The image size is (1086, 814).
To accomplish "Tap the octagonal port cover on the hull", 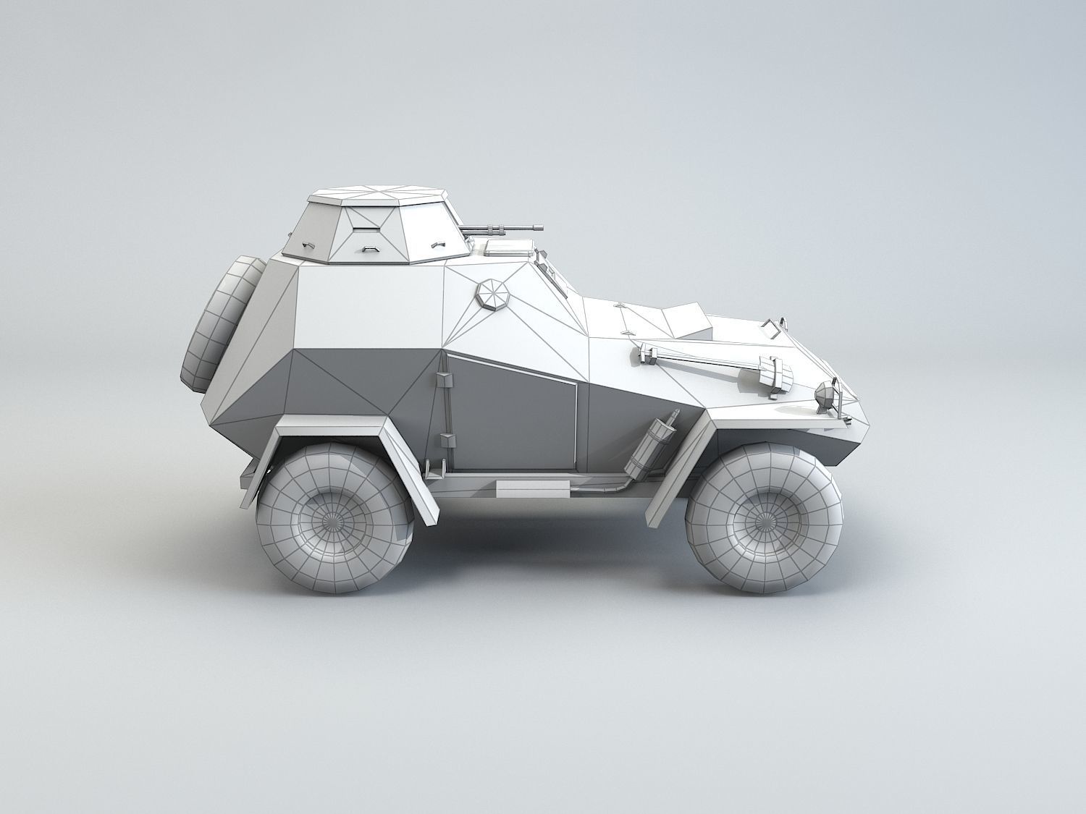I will click(x=494, y=295).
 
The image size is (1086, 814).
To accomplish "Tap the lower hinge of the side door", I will click(x=445, y=439).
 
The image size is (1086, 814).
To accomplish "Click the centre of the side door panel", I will click(x=513, y=416).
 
